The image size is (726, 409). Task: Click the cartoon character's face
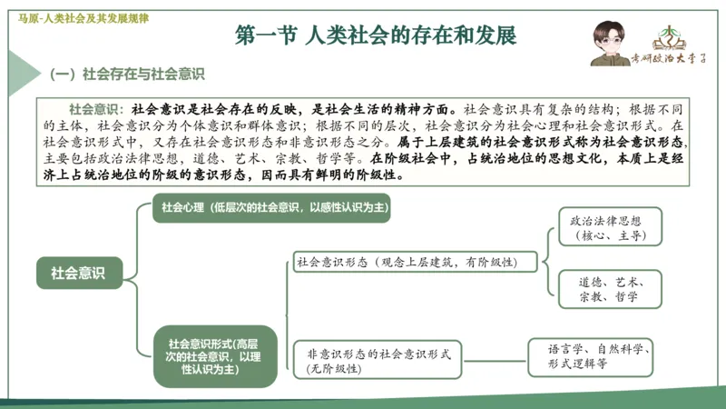pos(606,36)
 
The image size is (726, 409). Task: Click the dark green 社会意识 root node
pos(78,272)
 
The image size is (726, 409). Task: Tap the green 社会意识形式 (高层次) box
pos(212,353)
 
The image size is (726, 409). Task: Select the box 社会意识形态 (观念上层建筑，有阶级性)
pos(405,262)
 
